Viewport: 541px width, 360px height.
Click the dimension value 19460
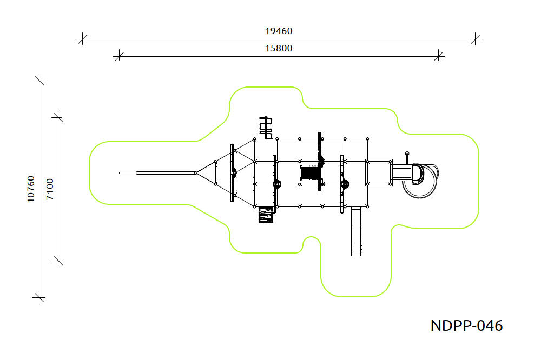click(279, 31)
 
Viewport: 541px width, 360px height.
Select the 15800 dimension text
click(279, 48)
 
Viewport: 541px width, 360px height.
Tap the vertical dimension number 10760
click(31, 189)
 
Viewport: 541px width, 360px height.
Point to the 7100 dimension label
click(50, 189)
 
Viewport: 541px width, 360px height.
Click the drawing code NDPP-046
click(466, 325)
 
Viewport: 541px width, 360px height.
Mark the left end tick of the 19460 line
click(82, 39)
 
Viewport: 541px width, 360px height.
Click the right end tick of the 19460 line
click(475, 39)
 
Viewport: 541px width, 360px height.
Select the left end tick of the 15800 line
click(118, 56)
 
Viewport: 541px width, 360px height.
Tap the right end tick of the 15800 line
click(439, 56)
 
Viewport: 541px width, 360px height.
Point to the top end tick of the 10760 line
click(39, 81)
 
